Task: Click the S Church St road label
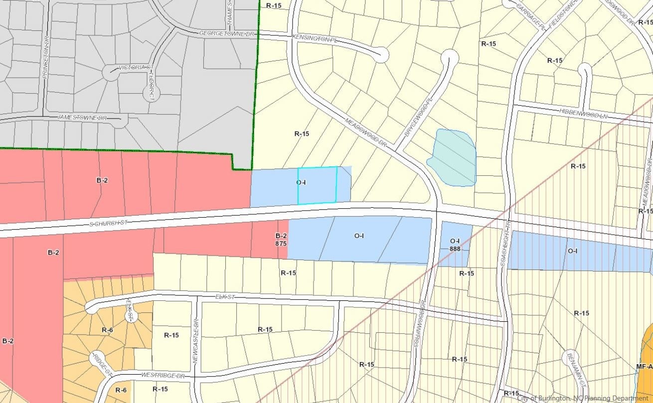coord(107,223)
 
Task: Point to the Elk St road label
coord(224,297)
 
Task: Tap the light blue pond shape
coord(453,157)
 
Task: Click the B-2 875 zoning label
coord(281,240)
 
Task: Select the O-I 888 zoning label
coord(455,244)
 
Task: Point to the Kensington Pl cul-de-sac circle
coord(382,54)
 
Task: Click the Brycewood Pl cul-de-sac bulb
coord(450,58)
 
